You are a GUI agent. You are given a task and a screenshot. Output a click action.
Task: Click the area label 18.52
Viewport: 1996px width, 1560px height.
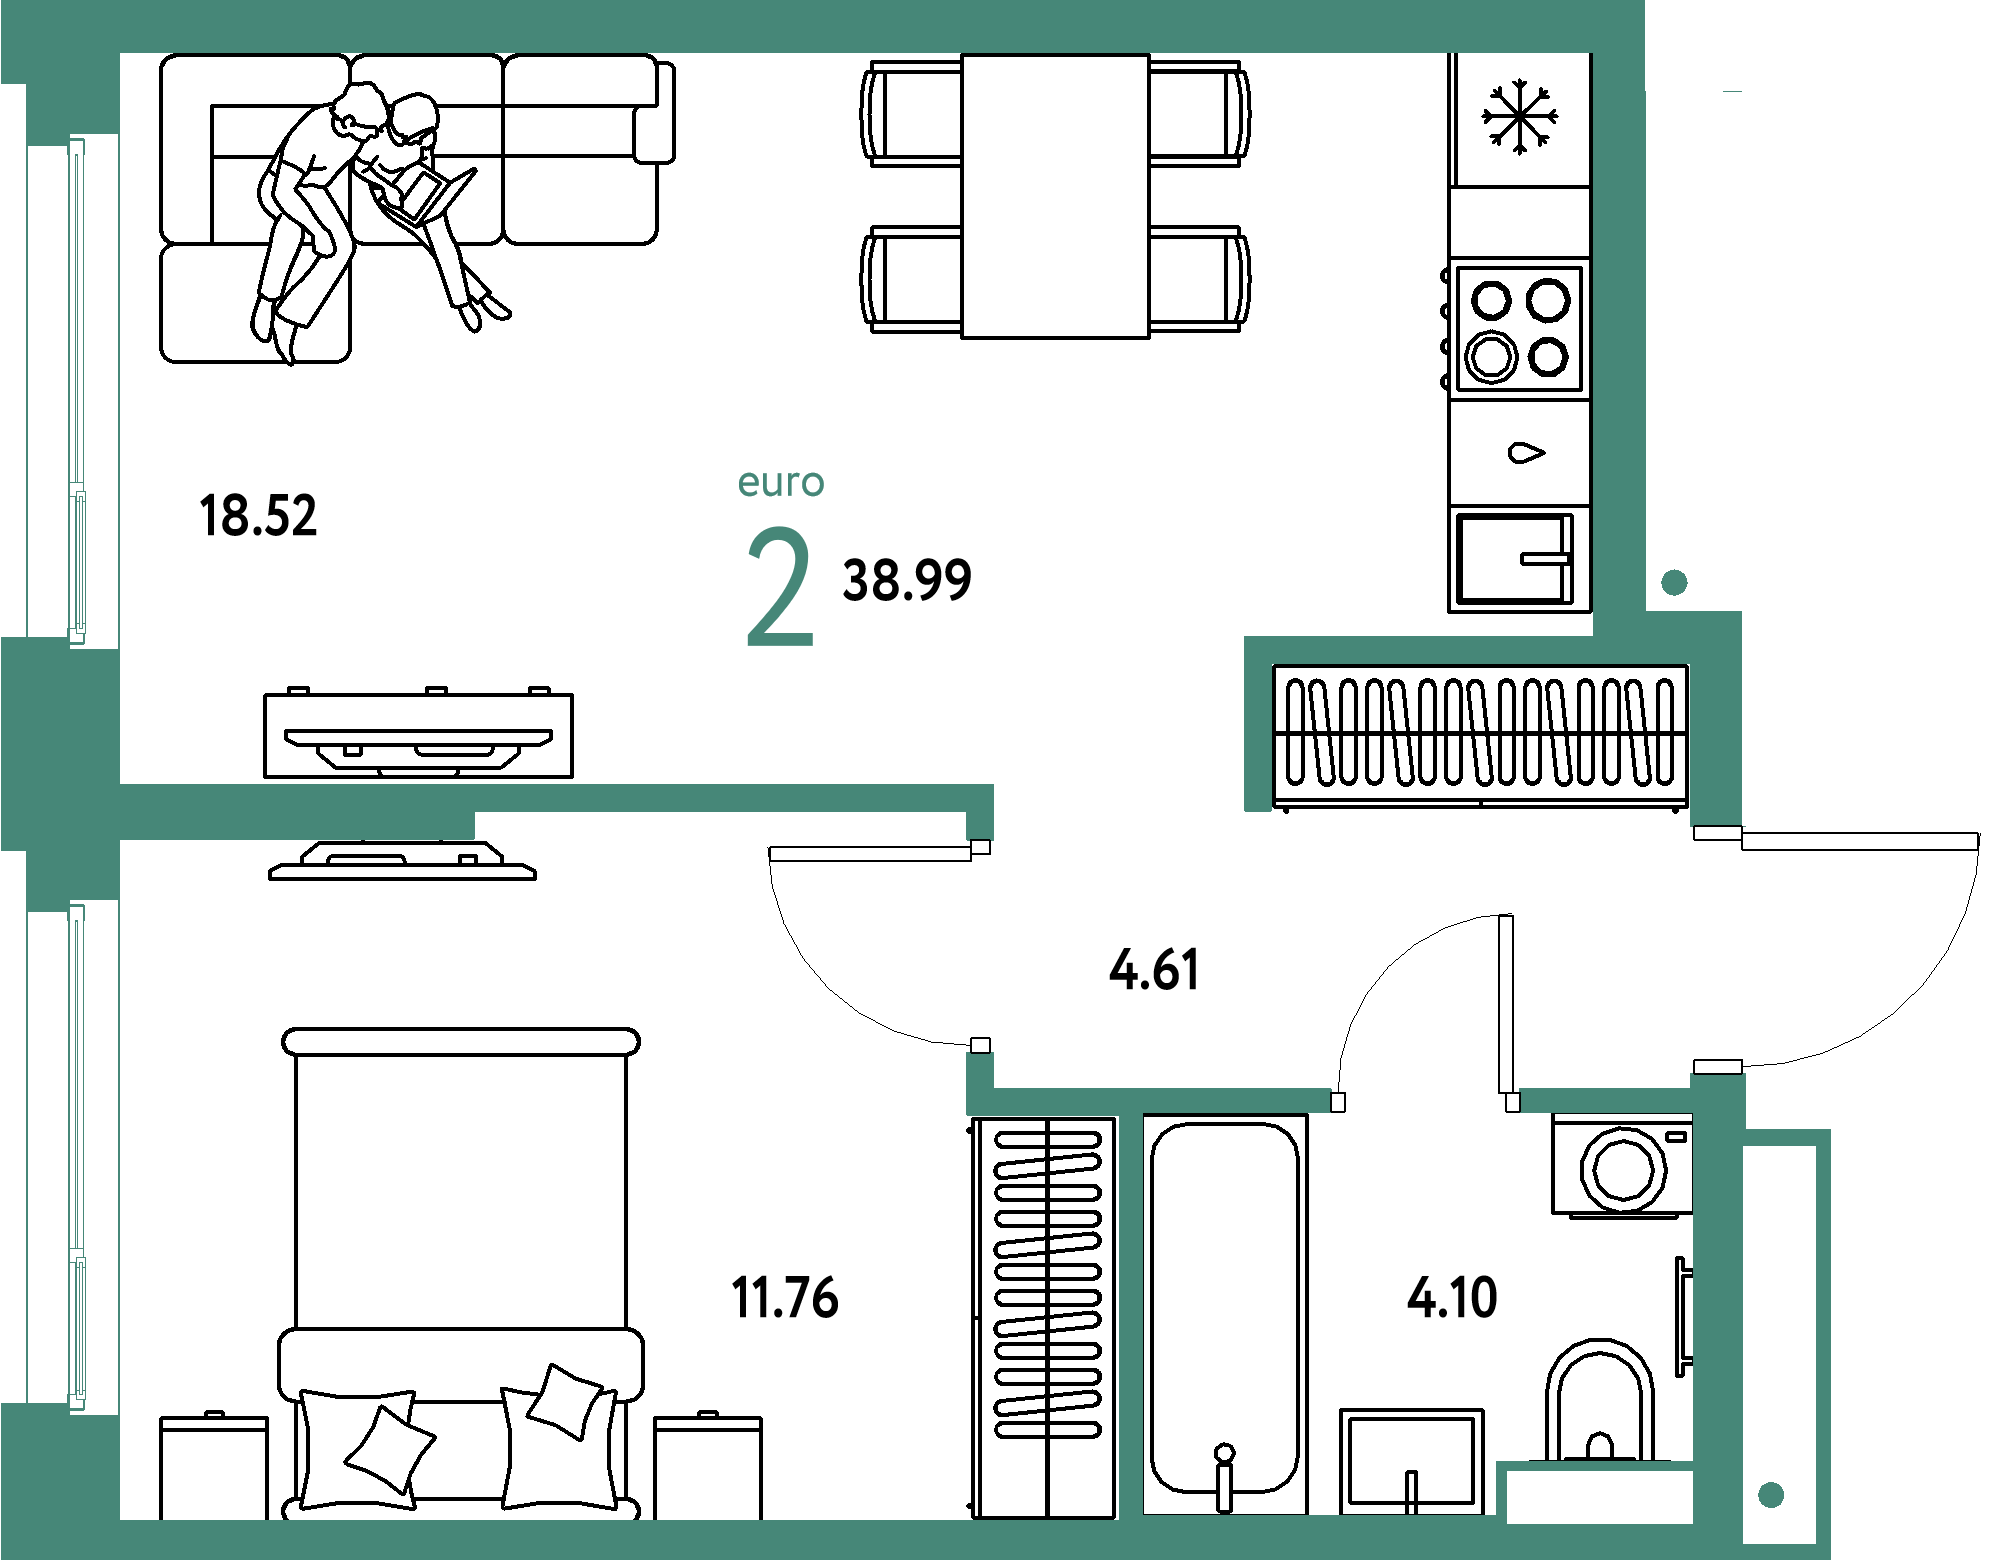click(259, 516)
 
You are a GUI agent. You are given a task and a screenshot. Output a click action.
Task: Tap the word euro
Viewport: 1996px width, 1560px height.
click(781, 483)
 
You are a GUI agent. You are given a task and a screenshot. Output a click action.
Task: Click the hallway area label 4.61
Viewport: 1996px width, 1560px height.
click(1154, 970)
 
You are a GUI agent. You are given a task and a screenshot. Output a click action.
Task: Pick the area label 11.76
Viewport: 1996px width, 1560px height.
click(786, 1297)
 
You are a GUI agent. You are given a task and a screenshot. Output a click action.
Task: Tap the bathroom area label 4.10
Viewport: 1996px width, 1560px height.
click(1452, 1298)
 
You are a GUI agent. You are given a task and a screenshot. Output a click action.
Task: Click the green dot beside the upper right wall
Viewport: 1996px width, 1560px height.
click(1674, 583)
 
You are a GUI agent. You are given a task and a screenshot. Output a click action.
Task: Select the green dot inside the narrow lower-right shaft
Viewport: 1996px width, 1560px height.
click(1771, 1495)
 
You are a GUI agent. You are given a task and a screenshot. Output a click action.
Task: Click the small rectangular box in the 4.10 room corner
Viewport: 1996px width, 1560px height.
click(1599, 1496)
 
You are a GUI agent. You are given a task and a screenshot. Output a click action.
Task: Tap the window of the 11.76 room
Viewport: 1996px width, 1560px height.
click(76, 1157)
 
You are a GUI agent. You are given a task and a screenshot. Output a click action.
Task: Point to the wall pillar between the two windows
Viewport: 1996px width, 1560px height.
click(60, 745)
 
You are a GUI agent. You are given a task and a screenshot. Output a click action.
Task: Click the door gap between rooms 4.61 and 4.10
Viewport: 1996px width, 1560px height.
click(1425, 1101)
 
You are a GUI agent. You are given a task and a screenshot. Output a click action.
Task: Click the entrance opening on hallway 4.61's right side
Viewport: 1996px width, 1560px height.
click(1717, 950)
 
